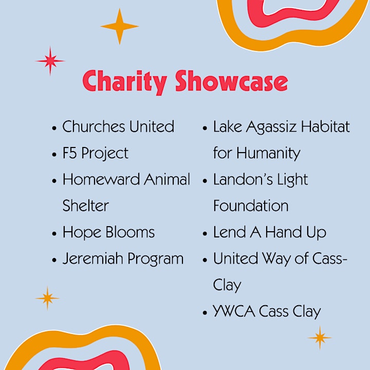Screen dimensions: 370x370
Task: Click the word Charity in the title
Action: tap(124, 82)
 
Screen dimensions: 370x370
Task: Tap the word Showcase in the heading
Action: tap(231, 81)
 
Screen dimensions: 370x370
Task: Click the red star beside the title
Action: tap(50, 61)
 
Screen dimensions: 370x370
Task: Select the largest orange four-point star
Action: tap(120, 26)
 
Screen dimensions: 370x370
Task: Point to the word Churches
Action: tap(94, 126)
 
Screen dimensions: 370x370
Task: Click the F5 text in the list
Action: tap(69, 153)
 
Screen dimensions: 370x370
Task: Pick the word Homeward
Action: tap(101, 179)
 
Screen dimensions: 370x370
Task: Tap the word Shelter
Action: tap(86, 206)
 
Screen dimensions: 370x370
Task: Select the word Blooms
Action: tap(130, 232)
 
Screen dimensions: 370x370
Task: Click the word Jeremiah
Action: tap(92, 258)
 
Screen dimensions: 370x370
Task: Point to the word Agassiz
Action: tap(271, 127)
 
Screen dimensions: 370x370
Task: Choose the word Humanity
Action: tap(268, 154)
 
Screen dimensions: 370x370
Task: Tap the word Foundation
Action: tap(251, 206)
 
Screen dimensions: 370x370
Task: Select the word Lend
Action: tap(230, 232)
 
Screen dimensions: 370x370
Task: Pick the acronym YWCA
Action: tap(234, 311)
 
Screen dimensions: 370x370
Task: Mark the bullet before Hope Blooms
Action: tap(54, 234)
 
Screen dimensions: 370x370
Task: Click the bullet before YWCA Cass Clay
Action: tap(205, 312)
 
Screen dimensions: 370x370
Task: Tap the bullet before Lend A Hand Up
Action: tap(205, 234)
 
